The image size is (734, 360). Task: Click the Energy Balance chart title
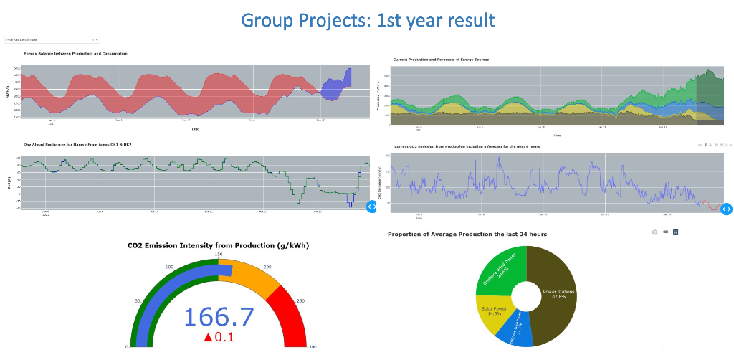(x=75, y=54)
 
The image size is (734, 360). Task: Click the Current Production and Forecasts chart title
(x=441, y=59)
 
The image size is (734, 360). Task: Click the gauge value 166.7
(x=219, y=317)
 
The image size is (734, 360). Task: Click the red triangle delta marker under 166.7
(x=208, y=338)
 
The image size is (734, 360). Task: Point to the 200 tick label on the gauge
(x=268, y=267)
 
